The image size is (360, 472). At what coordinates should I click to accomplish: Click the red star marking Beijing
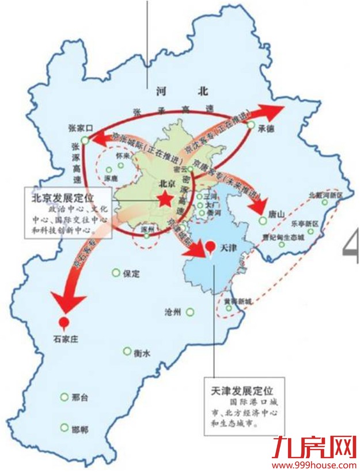point(164,199)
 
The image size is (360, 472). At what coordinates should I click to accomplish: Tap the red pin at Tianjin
point(211,247)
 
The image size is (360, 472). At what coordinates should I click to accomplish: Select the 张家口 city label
point(81,129)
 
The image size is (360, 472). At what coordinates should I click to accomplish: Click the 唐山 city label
point(276,214)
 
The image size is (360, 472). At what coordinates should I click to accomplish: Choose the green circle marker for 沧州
point(189,313)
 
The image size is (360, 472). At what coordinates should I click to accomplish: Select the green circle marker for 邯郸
point(64,428)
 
